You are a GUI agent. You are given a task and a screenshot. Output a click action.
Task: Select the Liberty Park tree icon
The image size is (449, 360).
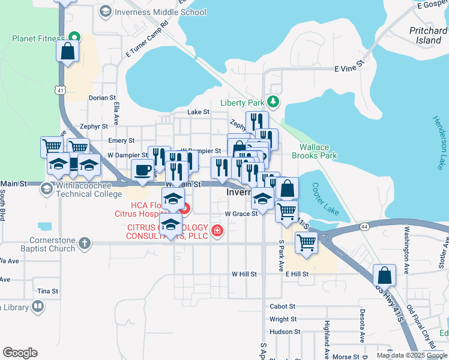(x=274, y=101)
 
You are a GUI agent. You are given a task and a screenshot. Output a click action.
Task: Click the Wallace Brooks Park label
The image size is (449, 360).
(x=314, y=151)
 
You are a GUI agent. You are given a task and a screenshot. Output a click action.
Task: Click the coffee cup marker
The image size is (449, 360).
(x=143, y=172)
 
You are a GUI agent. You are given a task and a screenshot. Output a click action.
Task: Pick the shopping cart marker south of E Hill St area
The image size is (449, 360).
(x=306, y=244)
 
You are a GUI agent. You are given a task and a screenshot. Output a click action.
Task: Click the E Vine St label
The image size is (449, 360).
(x=350, y=69)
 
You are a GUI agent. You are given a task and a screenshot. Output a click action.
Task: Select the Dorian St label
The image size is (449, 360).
(x=101, y=98)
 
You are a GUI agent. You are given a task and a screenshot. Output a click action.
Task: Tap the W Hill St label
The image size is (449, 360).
(x=244, y=274)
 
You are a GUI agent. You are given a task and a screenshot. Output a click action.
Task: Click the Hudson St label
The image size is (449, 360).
(x=284, y=331)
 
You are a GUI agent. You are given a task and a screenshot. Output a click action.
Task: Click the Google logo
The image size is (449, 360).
(x=20, y=353)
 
